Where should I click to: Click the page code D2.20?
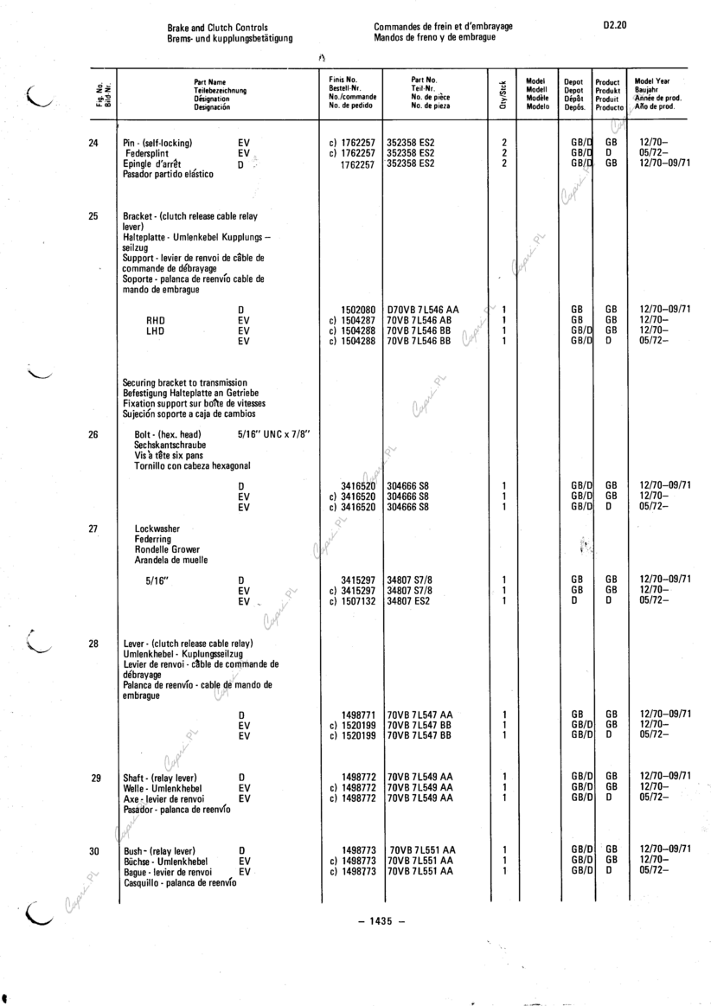coord(615,27)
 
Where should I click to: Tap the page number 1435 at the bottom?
coord(381,920)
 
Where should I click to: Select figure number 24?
coord(93,143)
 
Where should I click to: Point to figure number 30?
coord(93,851)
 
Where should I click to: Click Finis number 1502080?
coord(358,309)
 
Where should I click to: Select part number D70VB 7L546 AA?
coord(423,309)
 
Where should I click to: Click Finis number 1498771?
coord(358,714)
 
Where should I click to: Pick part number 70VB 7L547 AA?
coord(420,714)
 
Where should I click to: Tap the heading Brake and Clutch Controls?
coord(218,27)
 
